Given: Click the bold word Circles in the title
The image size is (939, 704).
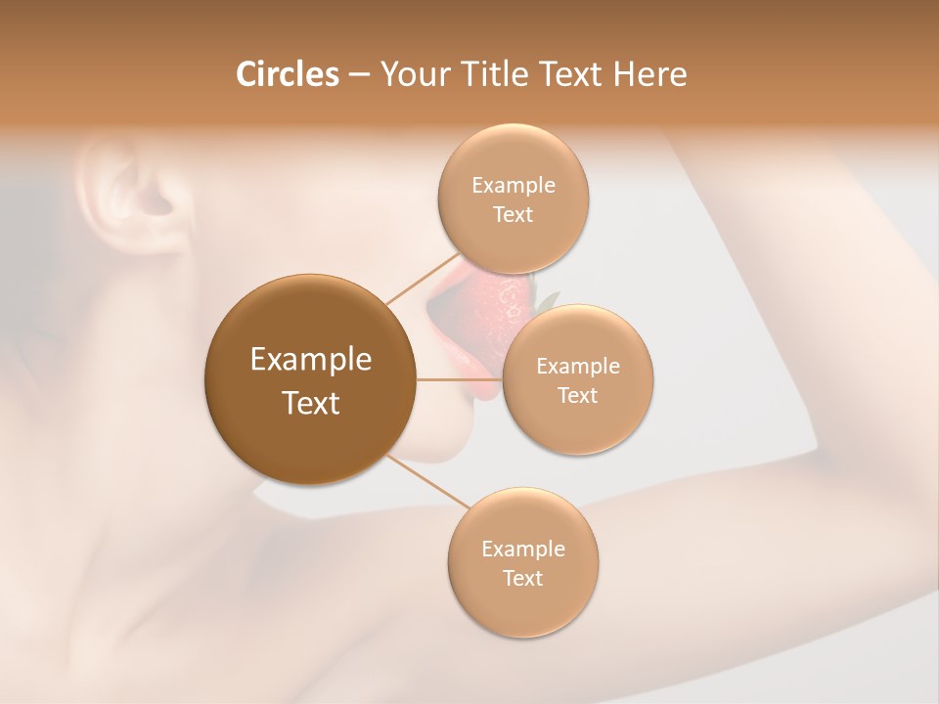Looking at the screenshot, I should coord(287,74).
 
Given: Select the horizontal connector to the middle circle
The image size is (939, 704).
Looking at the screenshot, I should coord(459,378).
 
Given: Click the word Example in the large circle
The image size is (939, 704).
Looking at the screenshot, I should coord(311,360).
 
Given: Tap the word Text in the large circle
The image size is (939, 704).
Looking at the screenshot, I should coord(311,403).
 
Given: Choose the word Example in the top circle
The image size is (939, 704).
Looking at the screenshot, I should coord(514,186).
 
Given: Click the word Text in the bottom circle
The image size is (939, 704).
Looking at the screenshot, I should coord(522,578).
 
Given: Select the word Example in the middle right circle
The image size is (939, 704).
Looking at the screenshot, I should coord(578,367).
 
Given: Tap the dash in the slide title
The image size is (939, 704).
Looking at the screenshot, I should coord(359,75).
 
